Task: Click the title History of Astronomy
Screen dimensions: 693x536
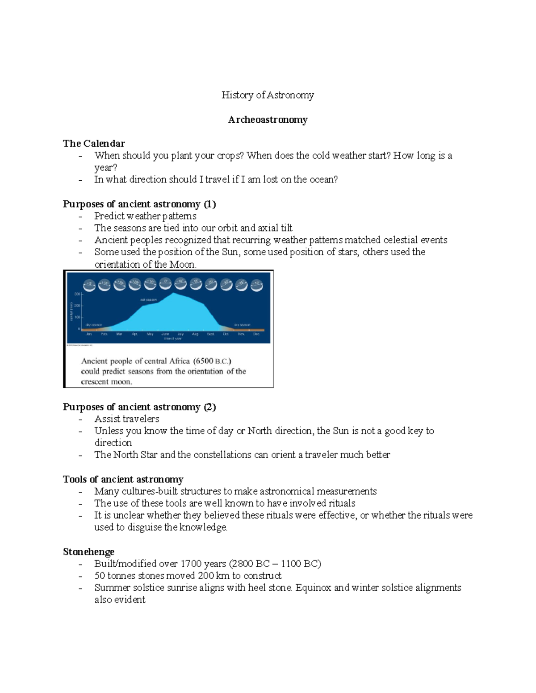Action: tap(268, 95)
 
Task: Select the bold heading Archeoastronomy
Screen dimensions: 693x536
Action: tap(268, 120)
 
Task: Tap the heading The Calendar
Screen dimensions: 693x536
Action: tap(94, 143)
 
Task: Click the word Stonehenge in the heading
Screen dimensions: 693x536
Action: tap(88, 552)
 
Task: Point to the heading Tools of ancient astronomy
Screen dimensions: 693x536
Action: tap(123, 479)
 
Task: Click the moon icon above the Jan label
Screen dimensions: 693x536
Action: tap(89, 284)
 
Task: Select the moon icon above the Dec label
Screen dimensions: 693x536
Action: tap(256, 284)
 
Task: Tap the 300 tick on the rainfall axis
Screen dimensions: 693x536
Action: tap(77, 294)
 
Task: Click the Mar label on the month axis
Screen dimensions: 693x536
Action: tap(119, 334)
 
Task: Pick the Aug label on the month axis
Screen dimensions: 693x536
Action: tap(195, 334)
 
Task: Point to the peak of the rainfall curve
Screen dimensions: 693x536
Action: tap(173, 293)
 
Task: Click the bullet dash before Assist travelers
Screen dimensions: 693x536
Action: tap(80, 419)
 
